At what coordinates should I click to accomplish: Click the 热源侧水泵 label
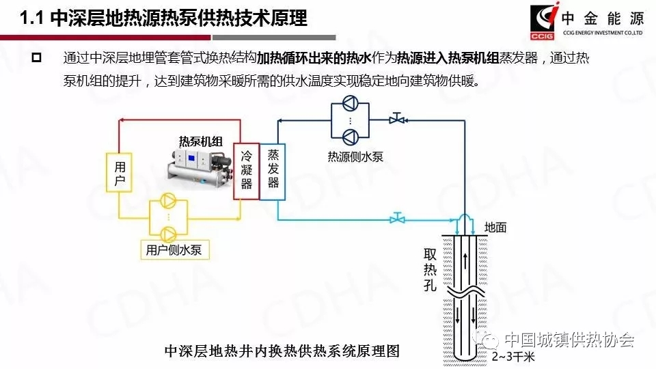click(355, 156)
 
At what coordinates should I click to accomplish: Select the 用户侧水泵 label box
click(174, 250)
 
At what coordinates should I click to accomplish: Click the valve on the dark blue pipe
click(396, 120)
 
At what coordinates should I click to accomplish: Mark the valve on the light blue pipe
click(396, 219)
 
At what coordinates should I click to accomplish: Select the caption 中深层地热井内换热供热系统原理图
click(282, 351)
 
